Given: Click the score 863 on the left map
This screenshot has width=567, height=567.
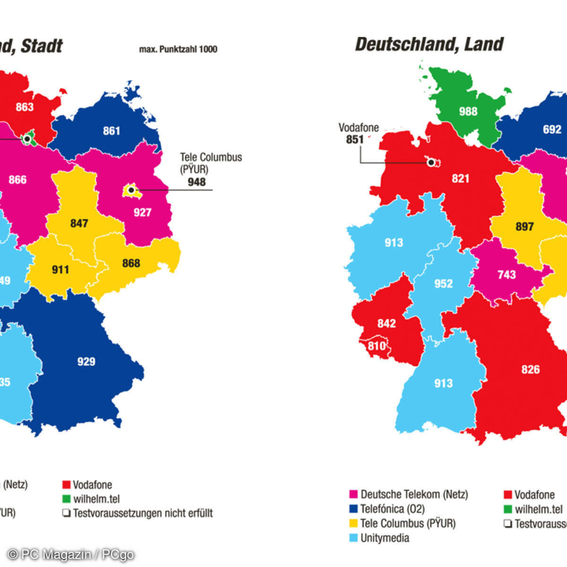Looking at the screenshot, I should point(25,107).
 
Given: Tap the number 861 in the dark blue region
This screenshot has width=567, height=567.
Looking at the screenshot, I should point(112,131).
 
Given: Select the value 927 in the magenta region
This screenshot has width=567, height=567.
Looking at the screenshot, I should point(142,213).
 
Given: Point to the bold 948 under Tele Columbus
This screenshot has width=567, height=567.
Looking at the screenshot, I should point(197,182).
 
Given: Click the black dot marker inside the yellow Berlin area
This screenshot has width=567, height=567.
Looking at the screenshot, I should point(131,190).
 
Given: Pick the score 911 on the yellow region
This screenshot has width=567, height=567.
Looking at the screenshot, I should point(60,270).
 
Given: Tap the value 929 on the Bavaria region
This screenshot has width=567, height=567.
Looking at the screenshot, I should point(86,362).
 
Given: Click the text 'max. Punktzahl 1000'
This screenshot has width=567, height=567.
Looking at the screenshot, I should point(178,49).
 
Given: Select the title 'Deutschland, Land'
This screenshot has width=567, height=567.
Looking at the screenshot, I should point(429,44).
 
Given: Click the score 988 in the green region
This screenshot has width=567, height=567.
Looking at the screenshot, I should point(468,112).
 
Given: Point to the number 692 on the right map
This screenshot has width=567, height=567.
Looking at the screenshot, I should point(552,129).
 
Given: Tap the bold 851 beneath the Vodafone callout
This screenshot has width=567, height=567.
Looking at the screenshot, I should point(355,140).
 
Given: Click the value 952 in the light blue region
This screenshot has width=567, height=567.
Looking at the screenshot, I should point(443,284).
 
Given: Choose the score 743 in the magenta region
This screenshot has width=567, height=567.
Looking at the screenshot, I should point(507,275).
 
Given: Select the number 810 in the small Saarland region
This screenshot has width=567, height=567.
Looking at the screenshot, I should point(377,346).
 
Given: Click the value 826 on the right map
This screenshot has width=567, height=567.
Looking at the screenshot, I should point(530,369).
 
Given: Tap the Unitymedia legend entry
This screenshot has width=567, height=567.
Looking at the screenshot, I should point(384,538).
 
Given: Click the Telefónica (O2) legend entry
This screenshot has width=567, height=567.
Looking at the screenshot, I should point(392,509).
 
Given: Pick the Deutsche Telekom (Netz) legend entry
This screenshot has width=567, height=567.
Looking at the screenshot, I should point(413,495).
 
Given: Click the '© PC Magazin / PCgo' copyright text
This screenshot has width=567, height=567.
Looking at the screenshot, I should point(71,554).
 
